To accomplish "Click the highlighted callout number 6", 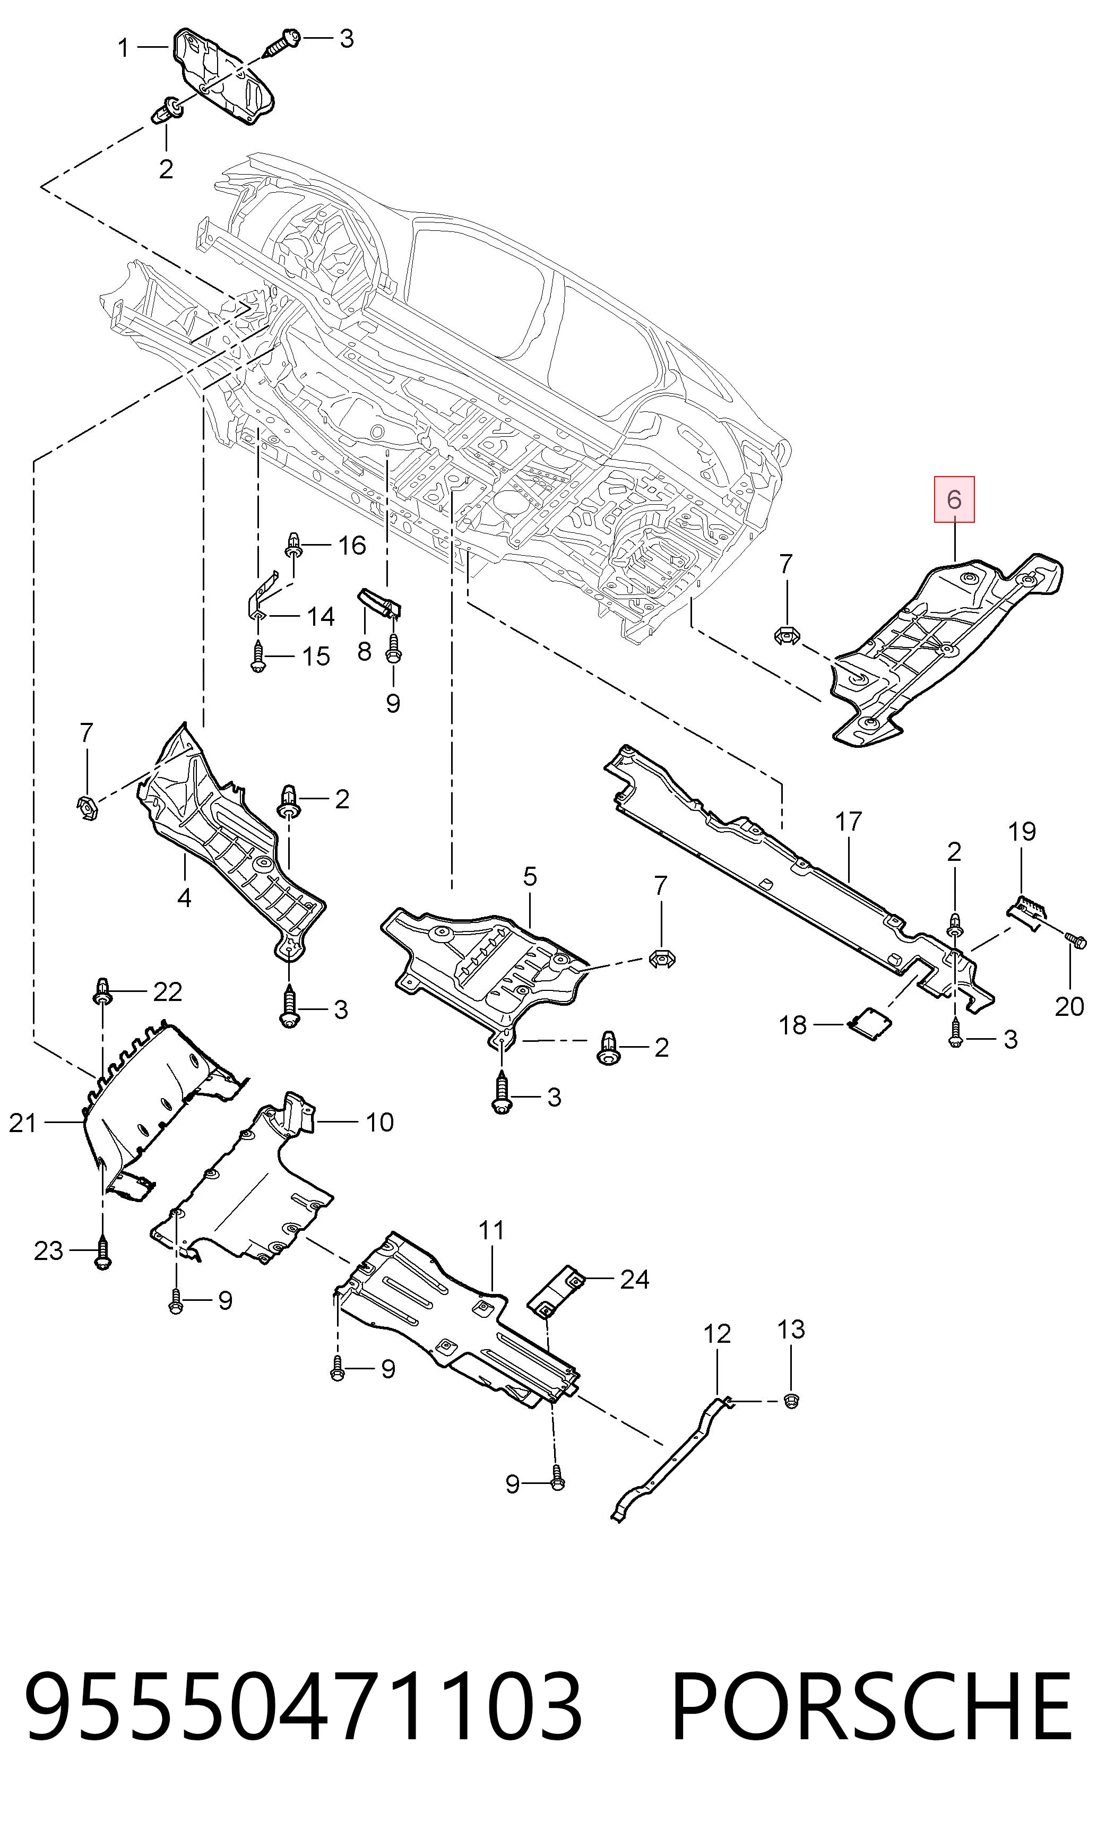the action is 954,499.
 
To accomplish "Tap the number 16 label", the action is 352,546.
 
